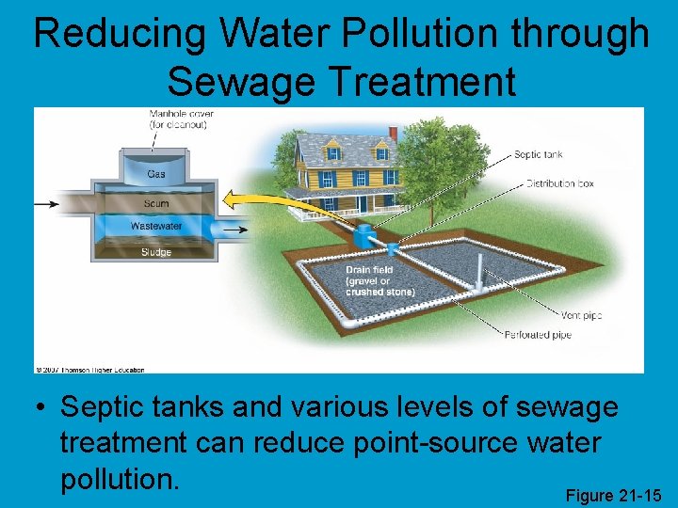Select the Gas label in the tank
click(x=156, y=175)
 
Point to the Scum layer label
click(x=156, y=202)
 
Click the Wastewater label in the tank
click(x=156, y=227)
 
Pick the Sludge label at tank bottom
click(x=156, y=252)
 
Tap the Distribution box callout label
click(x=559, y=183)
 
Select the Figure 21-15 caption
click(x=613, y=495)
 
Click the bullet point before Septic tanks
click(x=40, y=408)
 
